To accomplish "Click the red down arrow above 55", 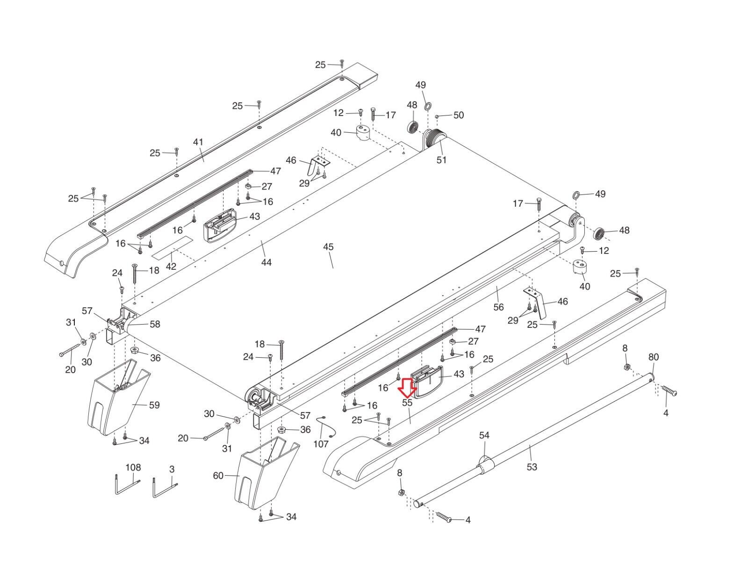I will (x=407, y=386).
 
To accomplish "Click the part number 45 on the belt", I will (x=328, y=246).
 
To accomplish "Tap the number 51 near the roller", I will (x=441, y=160).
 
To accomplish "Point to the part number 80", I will (x=653, y=357).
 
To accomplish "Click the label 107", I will (x=321, y=444).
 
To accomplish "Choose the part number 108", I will (x=133, y=467).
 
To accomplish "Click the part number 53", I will (x=532, y=466).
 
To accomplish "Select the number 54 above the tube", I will (x=484, y=435).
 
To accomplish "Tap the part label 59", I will (x=154, y=405).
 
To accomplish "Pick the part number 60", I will (x=218, y=476).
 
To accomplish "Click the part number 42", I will (x=171, y=267).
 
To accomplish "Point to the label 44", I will (x=266, y=262).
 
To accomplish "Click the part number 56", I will (x=499, y=307).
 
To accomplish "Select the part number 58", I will (x=155, y=324).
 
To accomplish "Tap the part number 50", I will (x=459, y=115).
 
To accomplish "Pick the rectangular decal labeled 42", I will (x=173, y=247).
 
